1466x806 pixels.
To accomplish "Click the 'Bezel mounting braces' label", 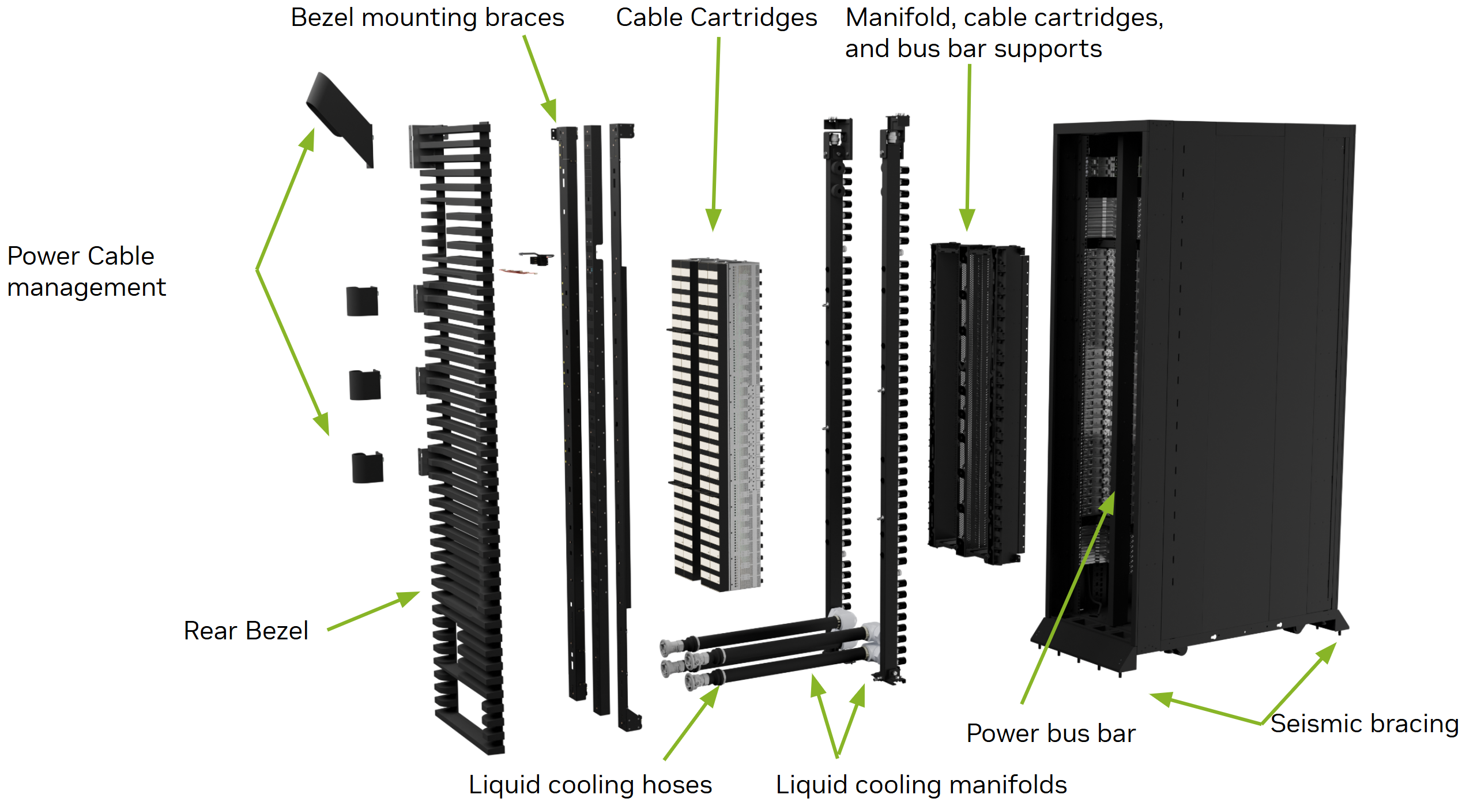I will click(x=427, y=17).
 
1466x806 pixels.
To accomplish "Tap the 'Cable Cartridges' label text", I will click(x=716, y=17).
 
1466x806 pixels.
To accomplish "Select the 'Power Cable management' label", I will click(x=86, y=271).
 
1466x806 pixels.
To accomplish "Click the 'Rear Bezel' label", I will click(x=246, y=630).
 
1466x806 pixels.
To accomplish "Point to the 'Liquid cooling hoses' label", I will click(x=590, y=784).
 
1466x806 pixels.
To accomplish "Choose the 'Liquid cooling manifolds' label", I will click(x=921, y=784).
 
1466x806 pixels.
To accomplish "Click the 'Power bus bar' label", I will click(x=1050, y=733).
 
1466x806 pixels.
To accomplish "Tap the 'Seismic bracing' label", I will click(x=1364, y=723).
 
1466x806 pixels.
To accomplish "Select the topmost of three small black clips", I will click(x=362, y=301).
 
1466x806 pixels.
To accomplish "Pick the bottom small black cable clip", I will click(x=367, y=468).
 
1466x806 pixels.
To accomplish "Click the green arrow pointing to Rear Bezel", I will click(x=375, y=610).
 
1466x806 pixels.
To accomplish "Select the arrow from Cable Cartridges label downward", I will click(x=716, y=133).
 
